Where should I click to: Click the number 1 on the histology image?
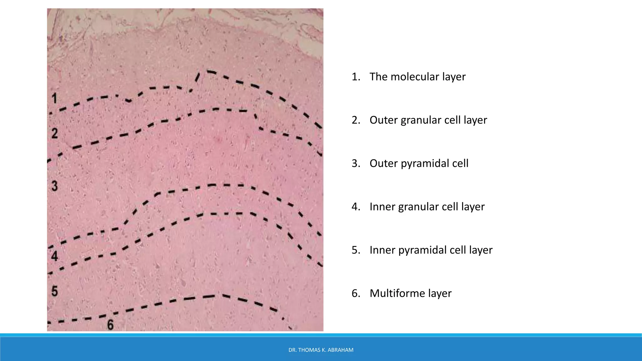(55, 98)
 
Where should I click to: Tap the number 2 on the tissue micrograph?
(55, 133)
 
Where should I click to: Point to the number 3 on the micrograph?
(55, 186)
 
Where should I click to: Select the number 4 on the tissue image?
(55, 256)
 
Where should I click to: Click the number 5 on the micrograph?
(55, 291)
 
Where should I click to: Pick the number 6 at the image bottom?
(110, 325)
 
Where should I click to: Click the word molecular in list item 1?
(415, 77)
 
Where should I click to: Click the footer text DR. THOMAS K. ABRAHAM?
(321, 350)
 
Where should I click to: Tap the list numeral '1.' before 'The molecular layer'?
(356, 77)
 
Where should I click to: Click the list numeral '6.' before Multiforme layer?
(356, 293)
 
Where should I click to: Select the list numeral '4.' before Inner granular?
(356, 207)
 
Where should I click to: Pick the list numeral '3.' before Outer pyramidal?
(356, 163)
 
